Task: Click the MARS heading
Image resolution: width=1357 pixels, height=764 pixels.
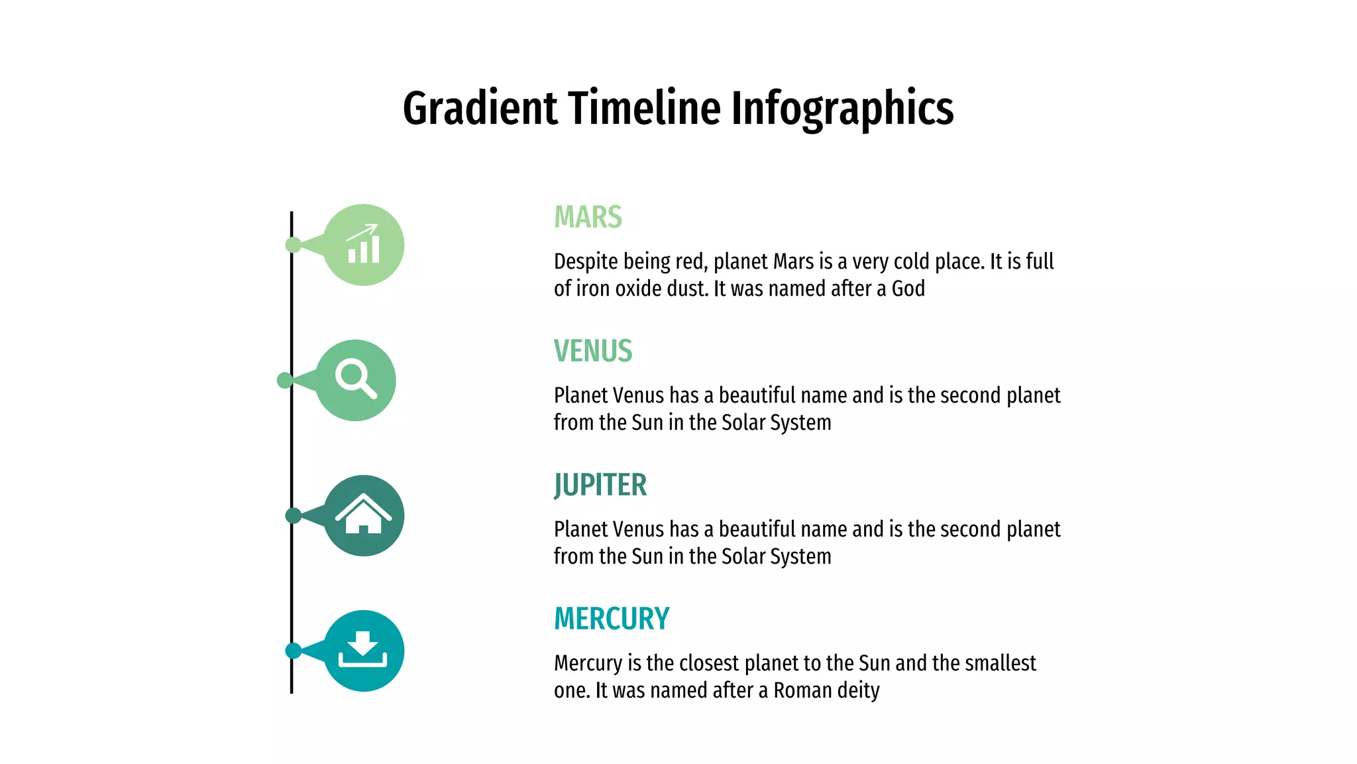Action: pos(588,218)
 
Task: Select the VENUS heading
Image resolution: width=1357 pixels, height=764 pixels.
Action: pos(593,351)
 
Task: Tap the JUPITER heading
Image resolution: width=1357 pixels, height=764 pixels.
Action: pos(600,485)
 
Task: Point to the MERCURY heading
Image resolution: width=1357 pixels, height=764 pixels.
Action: pos(612,619)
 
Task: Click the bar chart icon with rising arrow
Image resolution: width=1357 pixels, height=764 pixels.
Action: pos(364,245)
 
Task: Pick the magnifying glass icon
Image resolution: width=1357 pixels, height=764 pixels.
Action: pos(356,379)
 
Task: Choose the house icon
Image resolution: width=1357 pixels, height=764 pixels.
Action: pos(363,515)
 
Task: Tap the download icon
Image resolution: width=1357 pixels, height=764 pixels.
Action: pos(363,650)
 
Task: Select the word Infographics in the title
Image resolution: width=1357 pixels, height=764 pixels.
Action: pos(842,109)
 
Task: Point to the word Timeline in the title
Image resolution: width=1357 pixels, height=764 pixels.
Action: pos(644,109)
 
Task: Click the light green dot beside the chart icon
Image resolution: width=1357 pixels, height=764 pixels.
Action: pos(293,245)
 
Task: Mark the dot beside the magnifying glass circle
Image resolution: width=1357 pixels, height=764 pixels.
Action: pos(285,380)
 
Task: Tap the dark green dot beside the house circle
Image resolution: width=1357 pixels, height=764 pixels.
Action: pos(293,515)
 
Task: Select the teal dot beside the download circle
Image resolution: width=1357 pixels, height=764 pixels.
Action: pos(293,651)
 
